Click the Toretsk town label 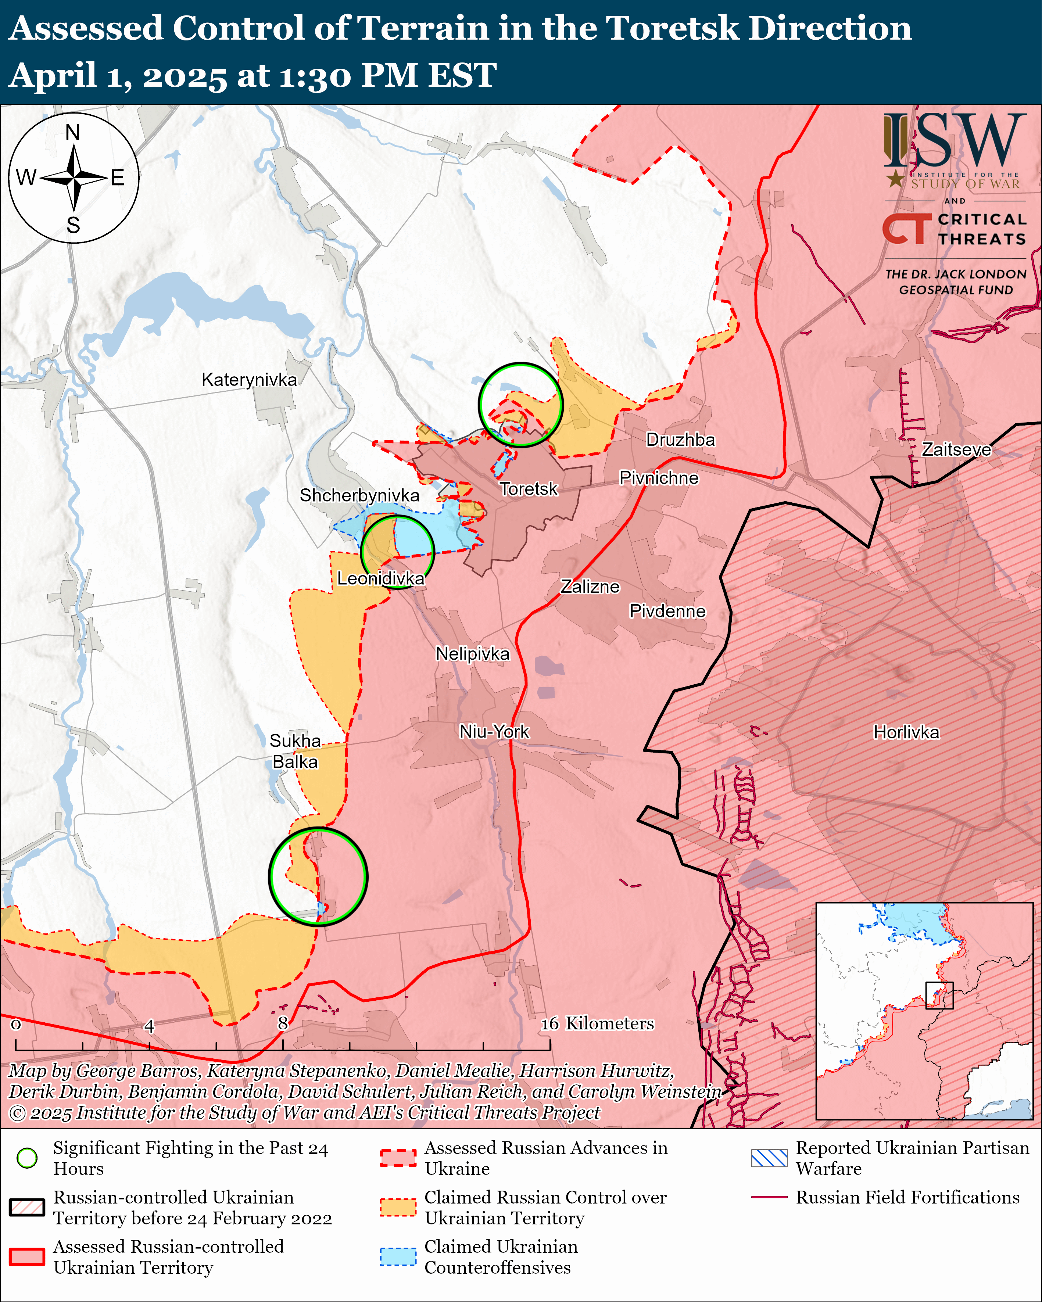click(529, 488)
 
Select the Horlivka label click(906, 732)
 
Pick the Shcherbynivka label click(359, 495)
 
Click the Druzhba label click(680, 440)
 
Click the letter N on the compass click(73, 132)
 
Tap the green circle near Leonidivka click(397, 551)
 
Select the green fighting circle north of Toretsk click(520, 405)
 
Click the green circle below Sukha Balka click(318, 876)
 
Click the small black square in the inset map click(939, 995)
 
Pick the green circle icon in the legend click(27, 1158)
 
